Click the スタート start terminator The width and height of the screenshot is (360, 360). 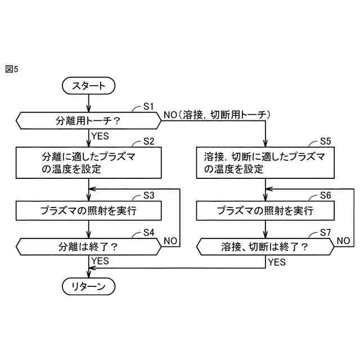click(x=88, y=86)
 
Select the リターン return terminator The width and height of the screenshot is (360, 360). click(x=88, y=287)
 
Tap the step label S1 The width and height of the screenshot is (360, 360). click(x=148, y=105)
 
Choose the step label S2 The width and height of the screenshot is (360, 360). click(x=148, y=140)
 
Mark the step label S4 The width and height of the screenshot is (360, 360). click(x=148, y=232)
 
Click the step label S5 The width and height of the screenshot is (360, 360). click(x=325, y=140)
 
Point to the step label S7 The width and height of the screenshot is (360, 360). click(x=325, y=232)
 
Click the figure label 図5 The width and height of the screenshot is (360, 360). click(x=12, y=69)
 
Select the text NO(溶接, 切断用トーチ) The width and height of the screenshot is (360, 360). click(x=217, y=115)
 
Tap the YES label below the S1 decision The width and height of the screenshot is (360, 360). click(x=100, y=136)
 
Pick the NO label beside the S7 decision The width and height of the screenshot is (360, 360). click(x=344, y=240)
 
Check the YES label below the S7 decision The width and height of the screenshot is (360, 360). click(x=277, y=262)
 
